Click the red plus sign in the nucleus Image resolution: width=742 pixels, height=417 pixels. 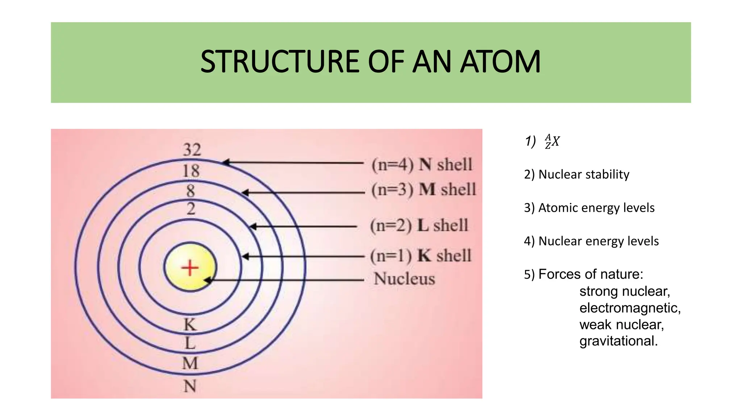click(190, 268)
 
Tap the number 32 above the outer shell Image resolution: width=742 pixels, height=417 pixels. click(192, 150)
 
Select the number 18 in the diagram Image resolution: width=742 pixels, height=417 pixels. click(191, 171)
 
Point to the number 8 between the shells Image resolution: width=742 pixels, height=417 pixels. click(191, 191)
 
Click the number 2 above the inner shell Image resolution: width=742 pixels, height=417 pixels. click(191, 209)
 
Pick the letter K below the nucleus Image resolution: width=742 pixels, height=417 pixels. click(190, 325)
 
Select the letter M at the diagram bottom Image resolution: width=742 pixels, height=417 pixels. click(190, 363)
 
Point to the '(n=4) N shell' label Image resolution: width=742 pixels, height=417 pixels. click(422, 165)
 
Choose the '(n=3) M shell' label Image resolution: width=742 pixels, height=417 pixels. click(424, 189)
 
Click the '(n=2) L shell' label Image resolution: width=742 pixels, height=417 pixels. click(419, 226)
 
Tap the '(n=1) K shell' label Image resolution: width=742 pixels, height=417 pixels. click(421, 256)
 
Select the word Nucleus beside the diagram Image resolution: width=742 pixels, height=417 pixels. click(404, 279)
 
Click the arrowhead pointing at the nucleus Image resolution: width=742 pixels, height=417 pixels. click(208, 280)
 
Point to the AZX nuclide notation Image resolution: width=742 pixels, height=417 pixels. click(552, 142)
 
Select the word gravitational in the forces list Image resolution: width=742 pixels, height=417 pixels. click(618, 341)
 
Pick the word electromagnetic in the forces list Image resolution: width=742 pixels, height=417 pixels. click(630, 308)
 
